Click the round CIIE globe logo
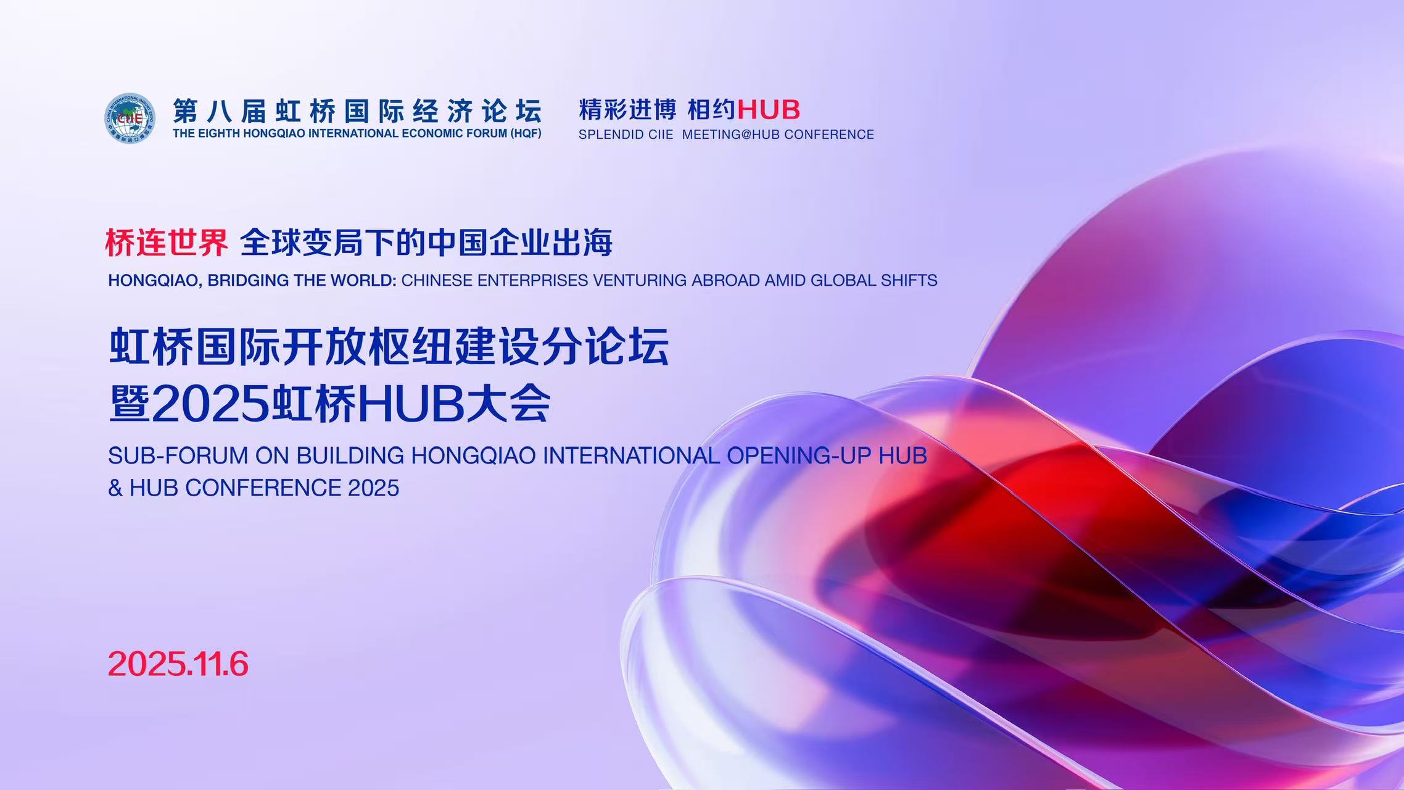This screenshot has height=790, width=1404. pyautogui.click(x=130, y=118)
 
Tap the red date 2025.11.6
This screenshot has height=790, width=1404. pyautogui.click(x=178, y=664)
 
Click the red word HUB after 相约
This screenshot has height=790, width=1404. pyautogui.click(x=769, y=110)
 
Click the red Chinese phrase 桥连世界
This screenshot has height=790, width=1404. pyautogui.click(x=167, y=242)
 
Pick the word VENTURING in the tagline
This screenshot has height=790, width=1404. pyautogui.click(x=640, y=280)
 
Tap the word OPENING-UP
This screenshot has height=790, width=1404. pyautogui.click(x=799, y=455)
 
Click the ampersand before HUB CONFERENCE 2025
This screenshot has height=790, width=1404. pyautogui.click(x=115, y=488)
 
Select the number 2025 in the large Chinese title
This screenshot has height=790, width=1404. pyautogui.click(x=210, y=404)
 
